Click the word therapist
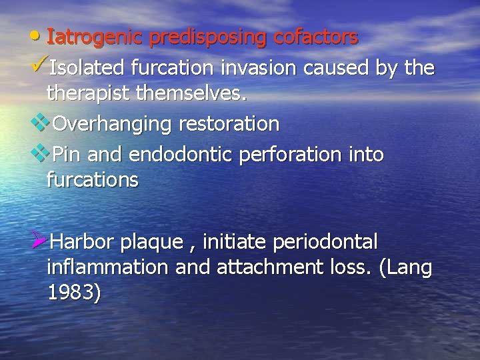[x=88, y=95]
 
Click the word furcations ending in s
[x=93, y=180]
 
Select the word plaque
[x=153, y=241]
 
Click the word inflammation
[x=108, y=267]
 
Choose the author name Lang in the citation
[x=412, y=268]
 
